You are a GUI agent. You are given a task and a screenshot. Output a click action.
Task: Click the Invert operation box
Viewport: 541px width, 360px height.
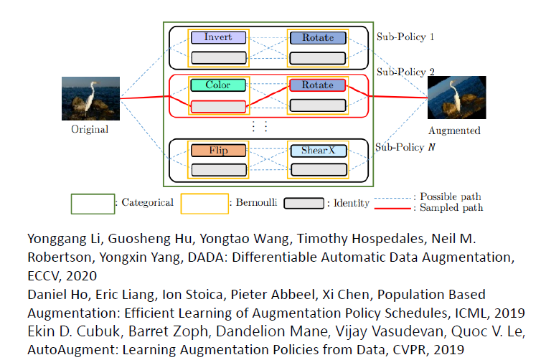tap(218, 37)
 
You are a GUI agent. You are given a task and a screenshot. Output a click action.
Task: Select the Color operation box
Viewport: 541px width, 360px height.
tap(218, 85)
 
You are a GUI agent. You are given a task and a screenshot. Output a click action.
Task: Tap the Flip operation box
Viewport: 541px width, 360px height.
tap(218, 151)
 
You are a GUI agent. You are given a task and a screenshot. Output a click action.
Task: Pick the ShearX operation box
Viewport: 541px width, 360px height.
tap(317, 151)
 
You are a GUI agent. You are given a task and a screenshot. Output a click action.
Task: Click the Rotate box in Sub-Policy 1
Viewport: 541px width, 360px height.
tap(317, 37)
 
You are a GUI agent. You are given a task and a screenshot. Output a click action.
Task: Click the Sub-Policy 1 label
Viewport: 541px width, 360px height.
tap(405, 36)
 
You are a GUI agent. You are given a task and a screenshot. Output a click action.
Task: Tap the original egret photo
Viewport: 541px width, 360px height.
tap(90, 98)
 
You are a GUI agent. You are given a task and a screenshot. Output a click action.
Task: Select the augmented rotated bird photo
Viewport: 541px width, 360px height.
tap(456, 98)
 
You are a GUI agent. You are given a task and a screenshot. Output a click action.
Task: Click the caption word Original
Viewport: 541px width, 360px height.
tap(90, 130)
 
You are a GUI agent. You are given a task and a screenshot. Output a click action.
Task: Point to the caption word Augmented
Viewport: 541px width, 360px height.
tap(455, 131)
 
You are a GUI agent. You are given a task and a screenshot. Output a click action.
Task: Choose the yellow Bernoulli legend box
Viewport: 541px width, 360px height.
tap(204, 204)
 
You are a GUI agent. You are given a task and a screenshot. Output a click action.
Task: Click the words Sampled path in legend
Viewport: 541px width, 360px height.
tap(451, 208)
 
